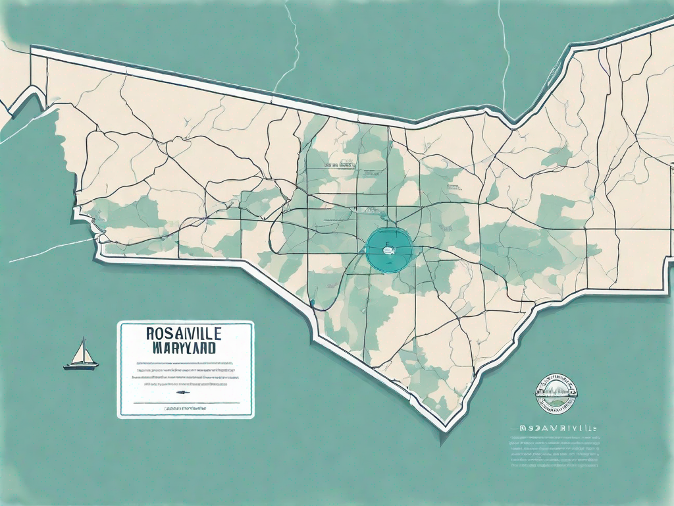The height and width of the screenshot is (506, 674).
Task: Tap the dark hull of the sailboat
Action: [x=81, y=365]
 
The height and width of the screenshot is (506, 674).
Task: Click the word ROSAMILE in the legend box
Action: [x=185, y=335]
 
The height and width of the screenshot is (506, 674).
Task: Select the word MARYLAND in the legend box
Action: [x=185, y=348]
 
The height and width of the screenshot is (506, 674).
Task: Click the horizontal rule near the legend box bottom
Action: [x=185, y=402]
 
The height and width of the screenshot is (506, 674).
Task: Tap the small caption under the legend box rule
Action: [x=185, y=409]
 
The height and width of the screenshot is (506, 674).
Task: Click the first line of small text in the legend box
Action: [x=185, y=363]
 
